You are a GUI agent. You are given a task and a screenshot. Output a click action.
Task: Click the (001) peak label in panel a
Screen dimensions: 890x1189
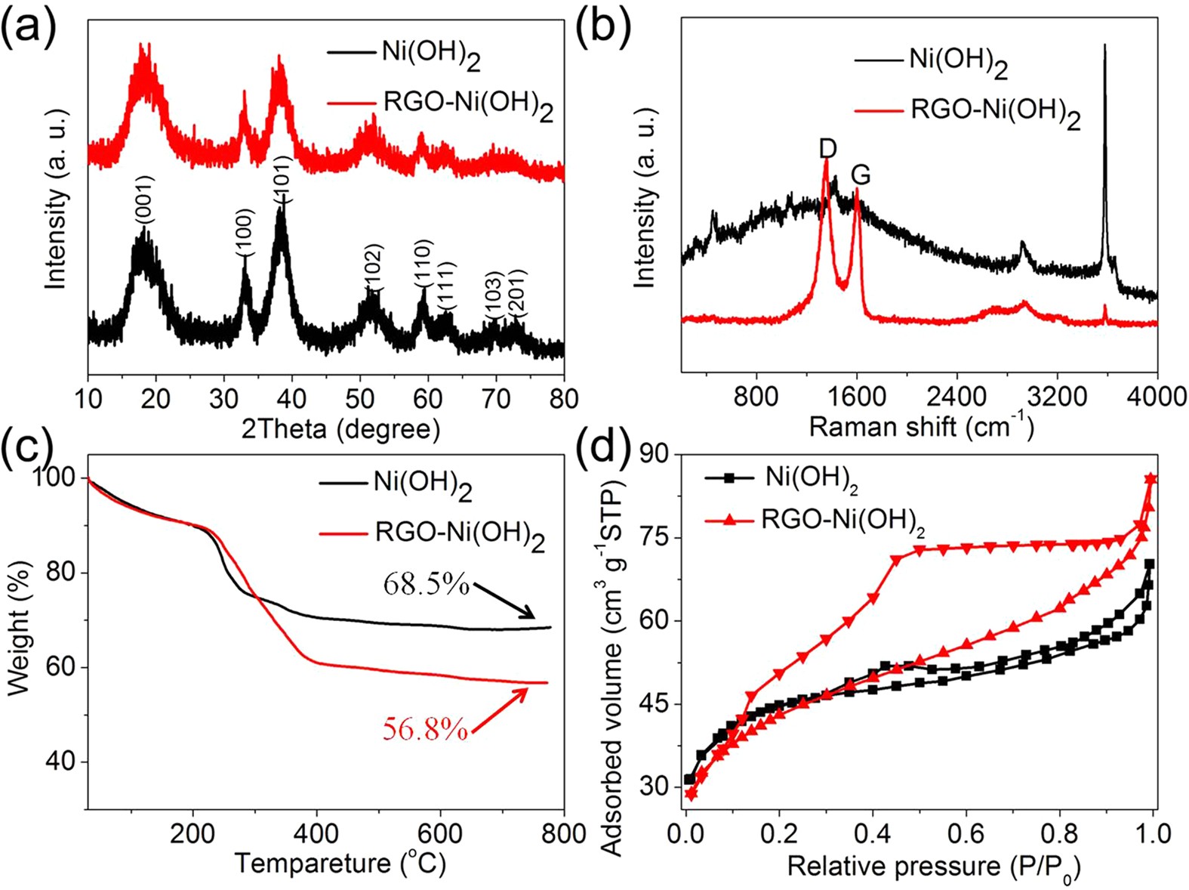[145, 200]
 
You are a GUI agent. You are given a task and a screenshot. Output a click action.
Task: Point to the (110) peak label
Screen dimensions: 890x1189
[423, 262]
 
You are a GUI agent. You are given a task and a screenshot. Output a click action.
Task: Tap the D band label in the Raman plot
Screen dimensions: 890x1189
[827, 149]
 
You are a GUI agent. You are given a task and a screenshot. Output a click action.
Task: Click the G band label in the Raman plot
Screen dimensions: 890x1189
[861, 175]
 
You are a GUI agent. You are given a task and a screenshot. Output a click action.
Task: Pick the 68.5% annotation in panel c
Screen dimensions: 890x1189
[427, 583]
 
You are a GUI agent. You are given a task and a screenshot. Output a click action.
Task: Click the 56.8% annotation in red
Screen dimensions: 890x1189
[425, 729]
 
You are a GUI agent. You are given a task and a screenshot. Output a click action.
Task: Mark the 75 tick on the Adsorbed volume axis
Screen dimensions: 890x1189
[654, 538]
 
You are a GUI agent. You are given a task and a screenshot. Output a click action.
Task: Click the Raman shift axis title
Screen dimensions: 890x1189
[921, 426]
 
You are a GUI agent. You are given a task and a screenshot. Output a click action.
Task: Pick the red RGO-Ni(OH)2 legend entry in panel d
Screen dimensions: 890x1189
[842, 520]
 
